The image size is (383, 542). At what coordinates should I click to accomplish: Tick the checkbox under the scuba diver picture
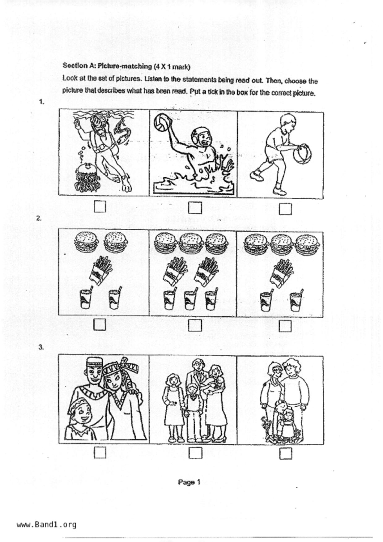(100, 206)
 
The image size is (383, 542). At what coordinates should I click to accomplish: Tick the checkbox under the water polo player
(195, 208)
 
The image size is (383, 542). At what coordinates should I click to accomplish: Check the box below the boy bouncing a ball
(285, 209)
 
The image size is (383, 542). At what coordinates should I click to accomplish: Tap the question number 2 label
(39, 218)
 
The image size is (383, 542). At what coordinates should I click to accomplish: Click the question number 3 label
(41, 347)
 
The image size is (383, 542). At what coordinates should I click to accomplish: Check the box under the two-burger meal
(100, 324)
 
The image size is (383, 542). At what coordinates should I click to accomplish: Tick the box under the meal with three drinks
(195, 325)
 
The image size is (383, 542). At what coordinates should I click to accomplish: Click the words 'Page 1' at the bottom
(189, 482)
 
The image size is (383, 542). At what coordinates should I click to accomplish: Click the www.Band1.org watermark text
(47, 525)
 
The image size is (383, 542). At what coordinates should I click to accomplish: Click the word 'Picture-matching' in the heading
(125, 66)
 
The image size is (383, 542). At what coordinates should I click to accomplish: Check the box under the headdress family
(100, 453)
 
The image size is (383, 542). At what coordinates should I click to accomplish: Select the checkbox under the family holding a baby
(195, 453)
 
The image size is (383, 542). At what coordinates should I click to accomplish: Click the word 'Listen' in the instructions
(153, 79)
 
